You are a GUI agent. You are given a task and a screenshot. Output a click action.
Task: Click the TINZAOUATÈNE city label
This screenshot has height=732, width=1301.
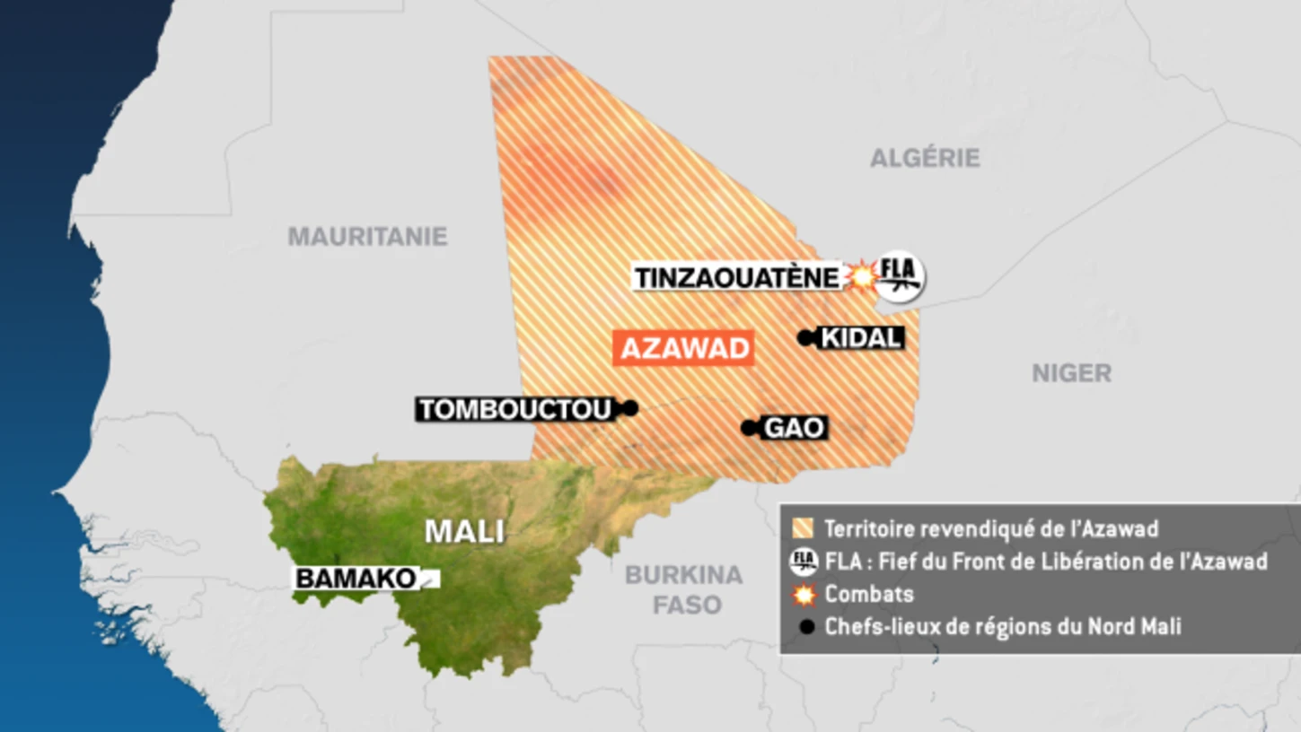(736, 277)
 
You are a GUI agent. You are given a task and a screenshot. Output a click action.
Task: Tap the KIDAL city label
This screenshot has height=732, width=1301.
(861, 338)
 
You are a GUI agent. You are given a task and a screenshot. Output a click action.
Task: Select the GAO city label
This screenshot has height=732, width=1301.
(794, 428)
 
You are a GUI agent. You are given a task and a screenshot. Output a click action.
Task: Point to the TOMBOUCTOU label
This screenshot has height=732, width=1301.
(515, 409)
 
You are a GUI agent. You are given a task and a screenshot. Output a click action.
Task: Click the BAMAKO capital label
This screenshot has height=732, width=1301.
(356, 579)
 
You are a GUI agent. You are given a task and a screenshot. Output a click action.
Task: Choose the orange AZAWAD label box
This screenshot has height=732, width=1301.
(683, 348)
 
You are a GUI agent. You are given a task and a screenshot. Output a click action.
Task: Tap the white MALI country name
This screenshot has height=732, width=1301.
(464, 531)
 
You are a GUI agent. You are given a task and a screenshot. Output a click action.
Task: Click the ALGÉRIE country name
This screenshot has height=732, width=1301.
(925, 159)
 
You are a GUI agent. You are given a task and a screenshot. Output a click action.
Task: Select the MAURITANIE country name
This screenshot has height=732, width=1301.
(367, 236)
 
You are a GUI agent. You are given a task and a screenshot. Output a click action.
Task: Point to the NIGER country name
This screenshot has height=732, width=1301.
(1071, 373)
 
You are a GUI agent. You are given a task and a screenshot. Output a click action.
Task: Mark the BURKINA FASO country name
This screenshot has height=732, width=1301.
(684, 589)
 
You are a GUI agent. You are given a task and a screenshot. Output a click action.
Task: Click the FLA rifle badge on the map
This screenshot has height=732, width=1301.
(900, 274)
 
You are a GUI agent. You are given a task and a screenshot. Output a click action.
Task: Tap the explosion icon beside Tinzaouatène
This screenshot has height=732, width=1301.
(861, 276)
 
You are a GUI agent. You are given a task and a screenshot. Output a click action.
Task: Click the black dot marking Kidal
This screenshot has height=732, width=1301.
(805, 338)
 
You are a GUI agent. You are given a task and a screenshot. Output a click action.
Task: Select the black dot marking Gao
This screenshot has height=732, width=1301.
(749, 428)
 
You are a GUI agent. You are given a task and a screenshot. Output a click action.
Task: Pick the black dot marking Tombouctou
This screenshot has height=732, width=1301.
(630, 408)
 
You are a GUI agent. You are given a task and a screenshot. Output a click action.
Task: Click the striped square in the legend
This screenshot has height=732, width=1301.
(804, 528)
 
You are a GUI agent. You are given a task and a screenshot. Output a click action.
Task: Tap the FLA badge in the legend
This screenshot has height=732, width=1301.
(804, 562)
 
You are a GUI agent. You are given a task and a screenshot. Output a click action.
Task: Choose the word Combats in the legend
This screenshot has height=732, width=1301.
(869, 594)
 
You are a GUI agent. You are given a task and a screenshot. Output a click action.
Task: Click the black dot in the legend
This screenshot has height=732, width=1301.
(806, 627)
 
